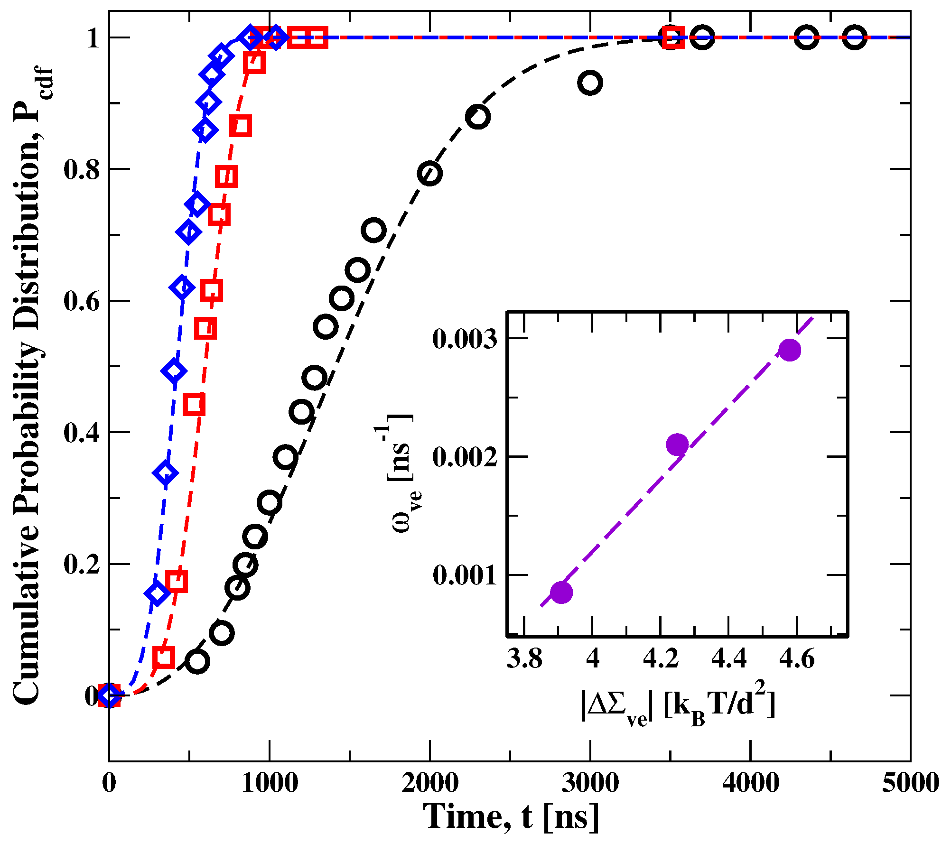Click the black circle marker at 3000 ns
[x=590, y=83]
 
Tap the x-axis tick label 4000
[x=751, y=783]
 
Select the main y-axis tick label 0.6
[x=82, y=301]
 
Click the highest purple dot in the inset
[x=790, y=350]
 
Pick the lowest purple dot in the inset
[x=561, y=592]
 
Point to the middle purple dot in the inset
[x=677, y=445]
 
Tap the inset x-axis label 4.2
[x=661, y=659]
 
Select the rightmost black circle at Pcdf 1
[x=855, y=37]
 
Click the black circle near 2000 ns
[x=429, y=173]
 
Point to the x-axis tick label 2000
[x=430, y=783]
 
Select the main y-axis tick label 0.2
[x=82, y=565]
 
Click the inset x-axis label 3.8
[x=524, y=659]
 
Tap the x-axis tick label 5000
[x=910, y=783]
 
